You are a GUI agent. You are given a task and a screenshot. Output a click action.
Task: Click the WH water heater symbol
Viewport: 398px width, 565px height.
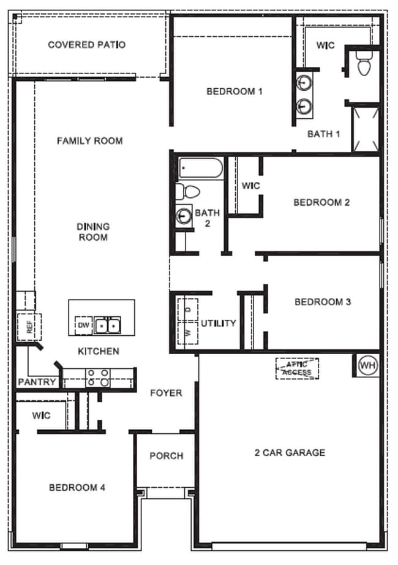pos(367,365)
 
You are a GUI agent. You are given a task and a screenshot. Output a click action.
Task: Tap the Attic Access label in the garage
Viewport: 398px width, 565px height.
pos(298,368)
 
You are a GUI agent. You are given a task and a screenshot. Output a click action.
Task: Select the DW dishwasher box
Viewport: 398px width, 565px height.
pos(83,325)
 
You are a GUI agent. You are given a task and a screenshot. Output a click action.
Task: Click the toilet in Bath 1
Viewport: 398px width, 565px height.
pos(364,64)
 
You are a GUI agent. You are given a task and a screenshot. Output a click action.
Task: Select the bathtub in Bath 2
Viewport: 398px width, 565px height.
pos(200,167)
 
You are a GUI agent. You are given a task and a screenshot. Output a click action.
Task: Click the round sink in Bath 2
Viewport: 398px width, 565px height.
pos(184,215)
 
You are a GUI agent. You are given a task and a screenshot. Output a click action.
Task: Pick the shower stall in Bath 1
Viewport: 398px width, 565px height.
pos(366,128)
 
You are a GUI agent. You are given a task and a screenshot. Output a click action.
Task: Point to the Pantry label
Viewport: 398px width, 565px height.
pos(37,382)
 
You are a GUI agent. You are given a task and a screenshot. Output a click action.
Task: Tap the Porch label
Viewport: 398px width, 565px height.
pos(166,456)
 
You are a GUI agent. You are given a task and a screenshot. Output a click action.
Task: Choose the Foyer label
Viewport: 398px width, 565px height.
pos(166,393)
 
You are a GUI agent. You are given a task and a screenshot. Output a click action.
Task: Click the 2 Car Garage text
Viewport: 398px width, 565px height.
pos(290,453)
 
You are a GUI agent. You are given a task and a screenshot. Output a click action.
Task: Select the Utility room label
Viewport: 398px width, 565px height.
pos(218,323)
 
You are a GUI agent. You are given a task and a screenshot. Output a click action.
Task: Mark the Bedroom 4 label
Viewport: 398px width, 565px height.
pos(77,488)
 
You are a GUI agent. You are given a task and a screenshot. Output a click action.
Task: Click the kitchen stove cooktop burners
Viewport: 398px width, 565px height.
pos(98,377)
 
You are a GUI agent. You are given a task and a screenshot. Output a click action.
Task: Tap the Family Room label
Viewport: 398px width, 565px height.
pos(90,140)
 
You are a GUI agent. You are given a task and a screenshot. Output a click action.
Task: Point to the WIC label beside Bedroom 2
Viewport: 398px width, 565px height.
pos(250,185)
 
